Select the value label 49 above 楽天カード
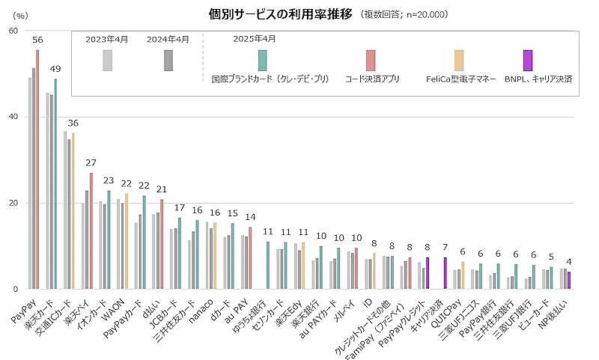pyautogui.click(x=55, y=70)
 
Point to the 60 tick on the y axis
pyautogui.click(x=13, y=31)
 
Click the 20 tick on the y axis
pyautogui.click(x=13, y=203)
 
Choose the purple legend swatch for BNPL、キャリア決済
pyautogui.click(x=528, y=60)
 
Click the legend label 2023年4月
pyautogui.click(x=108, y=38)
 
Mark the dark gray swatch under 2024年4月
pyautogui.click(x=168, y=60)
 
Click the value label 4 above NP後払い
pyautogui.click(x=569, y=262)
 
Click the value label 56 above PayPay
pyautogui.click(x=37, y=40)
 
